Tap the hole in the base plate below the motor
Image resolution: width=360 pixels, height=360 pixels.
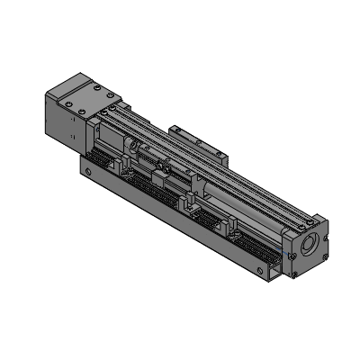pos(87,167)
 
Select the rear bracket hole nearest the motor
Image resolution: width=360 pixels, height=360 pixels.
pos(176,134)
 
